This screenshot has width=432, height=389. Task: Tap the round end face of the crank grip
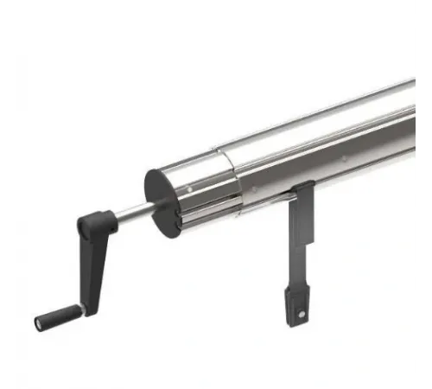coord(38,323)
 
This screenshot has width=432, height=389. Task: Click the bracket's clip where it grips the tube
coord(302,192)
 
